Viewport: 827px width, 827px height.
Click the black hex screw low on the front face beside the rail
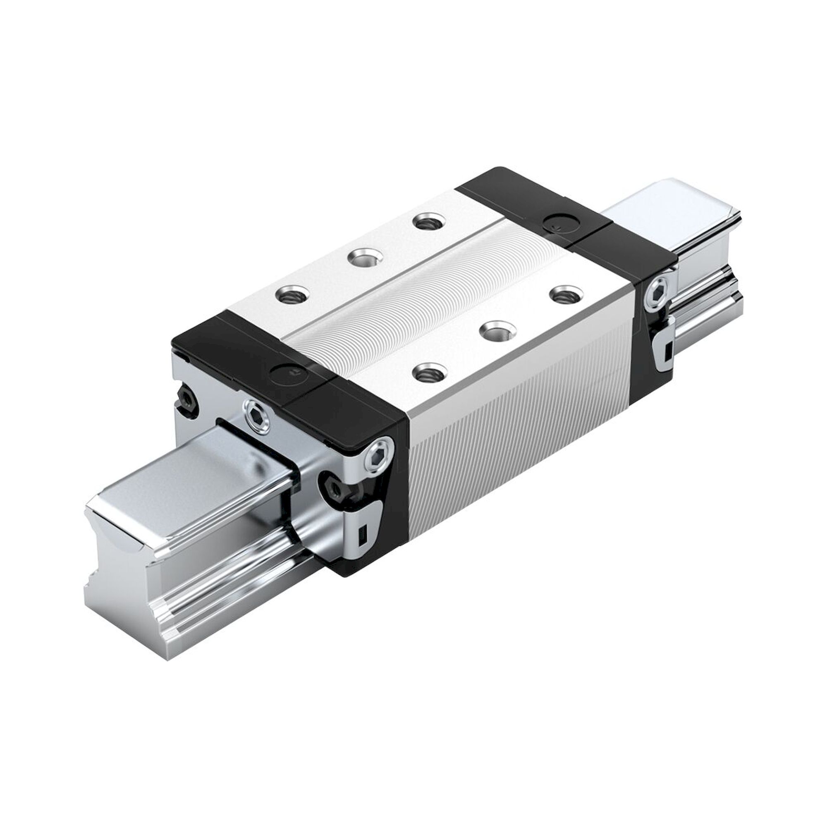pos(337,488)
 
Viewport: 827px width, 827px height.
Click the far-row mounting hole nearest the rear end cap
pos(428,222)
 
